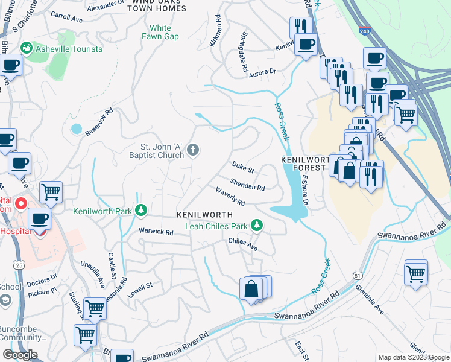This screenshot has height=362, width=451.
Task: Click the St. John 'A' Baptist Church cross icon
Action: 193,150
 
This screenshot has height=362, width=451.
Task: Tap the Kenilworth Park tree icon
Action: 141,211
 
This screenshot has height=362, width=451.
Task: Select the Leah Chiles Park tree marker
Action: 257,226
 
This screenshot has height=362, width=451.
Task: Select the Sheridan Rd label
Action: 247,183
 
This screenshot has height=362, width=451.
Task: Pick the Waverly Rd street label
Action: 230,195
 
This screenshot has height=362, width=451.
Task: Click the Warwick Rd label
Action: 156,231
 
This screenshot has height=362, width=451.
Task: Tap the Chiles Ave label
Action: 243,244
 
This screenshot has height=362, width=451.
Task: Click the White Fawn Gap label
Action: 160,33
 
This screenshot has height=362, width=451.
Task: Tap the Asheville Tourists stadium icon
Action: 27,48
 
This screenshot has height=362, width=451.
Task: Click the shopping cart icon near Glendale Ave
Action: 416,273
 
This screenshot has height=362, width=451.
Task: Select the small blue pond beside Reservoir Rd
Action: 76,129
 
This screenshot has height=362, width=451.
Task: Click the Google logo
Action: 20,355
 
